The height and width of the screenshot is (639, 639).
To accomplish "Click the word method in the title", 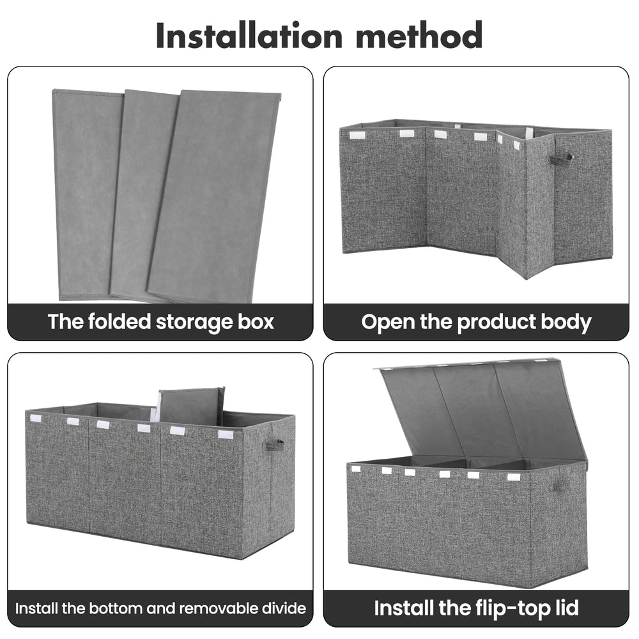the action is tap(419, 35).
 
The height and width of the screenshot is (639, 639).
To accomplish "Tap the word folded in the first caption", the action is tap(119, 321).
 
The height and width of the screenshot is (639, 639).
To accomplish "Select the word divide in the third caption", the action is tap(284, 608).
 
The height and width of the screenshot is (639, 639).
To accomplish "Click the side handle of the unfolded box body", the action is tap(562, 158).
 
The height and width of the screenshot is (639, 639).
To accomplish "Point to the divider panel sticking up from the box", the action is tap(190, 406).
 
